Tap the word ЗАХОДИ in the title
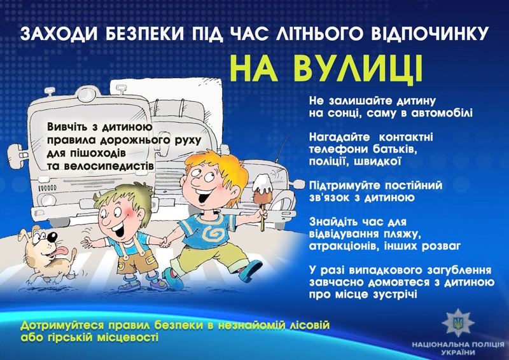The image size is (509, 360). click(x=59, y=34)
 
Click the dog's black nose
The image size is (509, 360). click(x=52, y=237)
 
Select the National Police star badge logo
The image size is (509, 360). click(x=458, y=322)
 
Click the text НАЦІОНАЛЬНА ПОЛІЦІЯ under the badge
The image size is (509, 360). click(x=458, y=345)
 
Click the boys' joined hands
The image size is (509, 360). click(x=166, y=242)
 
